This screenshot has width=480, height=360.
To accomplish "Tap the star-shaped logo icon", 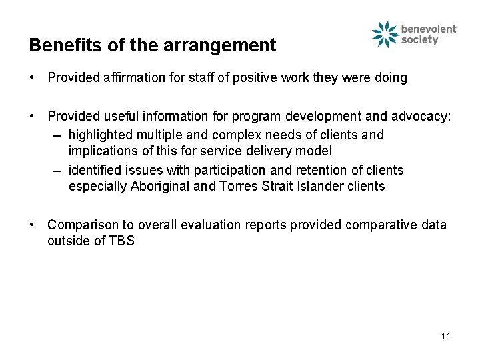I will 385,34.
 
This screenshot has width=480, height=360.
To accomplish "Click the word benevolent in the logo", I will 429,29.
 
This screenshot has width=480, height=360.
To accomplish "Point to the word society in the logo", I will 420,40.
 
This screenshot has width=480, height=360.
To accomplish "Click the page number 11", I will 445,335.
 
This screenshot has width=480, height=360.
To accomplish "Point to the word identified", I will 95,170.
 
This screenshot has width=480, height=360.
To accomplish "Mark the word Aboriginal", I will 159,186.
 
